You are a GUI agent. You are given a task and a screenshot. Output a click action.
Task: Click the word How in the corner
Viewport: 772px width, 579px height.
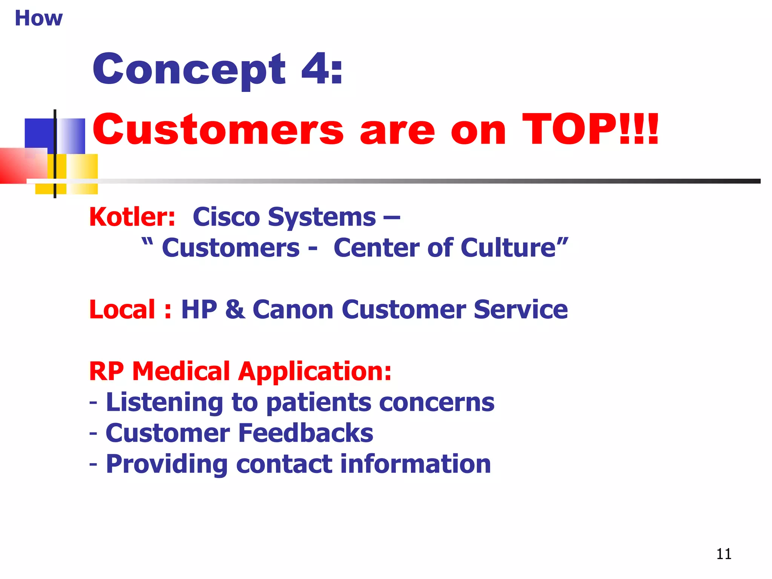pyautogui.click(x=38, y=18)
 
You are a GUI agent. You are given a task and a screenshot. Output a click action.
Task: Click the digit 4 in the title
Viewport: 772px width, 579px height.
pyautogui.click(x=315, y=69)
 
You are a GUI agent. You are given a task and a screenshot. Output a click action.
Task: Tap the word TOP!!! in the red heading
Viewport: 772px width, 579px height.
pyautogui.click(x=590, y=129)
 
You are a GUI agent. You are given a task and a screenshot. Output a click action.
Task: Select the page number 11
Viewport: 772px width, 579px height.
pyautogui.click(x=723, y=554)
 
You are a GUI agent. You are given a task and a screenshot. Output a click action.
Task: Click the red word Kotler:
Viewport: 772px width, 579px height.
pyautogui.click(x=132, y=217)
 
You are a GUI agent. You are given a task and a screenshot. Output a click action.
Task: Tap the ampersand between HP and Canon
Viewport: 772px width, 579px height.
pyautogui.click(x=235, y=309)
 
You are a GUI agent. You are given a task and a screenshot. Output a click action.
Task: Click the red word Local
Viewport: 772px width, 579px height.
pyautogui.click(x=122, y=309)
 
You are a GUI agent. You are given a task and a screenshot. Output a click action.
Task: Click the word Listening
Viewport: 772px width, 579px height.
pyautogui.click(x=164, y=402)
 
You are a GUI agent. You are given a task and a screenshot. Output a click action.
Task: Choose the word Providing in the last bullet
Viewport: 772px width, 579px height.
pyautogui.click(x=167, y=464)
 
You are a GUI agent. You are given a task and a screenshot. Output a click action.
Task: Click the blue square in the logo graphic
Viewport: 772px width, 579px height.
pyautogui.click(x=40, y=134)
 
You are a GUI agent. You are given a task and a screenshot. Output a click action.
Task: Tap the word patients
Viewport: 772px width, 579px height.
pyautogui.click(x=319, y=402)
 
